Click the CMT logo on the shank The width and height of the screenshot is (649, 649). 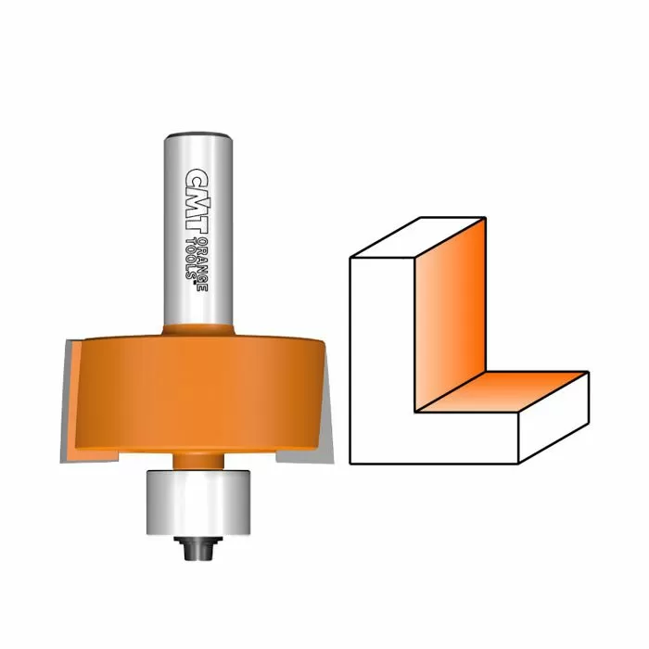[195, 195]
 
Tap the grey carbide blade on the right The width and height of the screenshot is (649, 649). [325, 399]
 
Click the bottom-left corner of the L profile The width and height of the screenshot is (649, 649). [350, 461]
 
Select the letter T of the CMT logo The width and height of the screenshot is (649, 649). [195, 216]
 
